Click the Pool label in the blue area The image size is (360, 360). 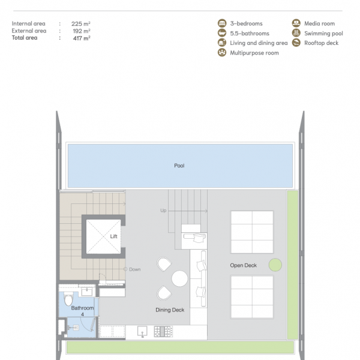click(179, 166)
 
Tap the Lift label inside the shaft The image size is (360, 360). click(113, 236)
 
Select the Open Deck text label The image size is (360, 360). click(244, 265)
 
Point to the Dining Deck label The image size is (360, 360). click(170, 310)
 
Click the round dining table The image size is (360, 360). click(179, 278)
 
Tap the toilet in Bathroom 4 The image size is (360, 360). click(68, 299)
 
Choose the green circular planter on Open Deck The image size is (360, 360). click(275, 265)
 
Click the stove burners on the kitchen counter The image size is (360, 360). click(163, 332)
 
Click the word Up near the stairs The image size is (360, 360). click(163, 211)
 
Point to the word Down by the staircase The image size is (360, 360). click(135, 269)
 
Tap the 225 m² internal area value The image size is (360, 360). click(81, 23)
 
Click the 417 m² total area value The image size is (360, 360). click(82, 38)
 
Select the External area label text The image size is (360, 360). click(29, 31)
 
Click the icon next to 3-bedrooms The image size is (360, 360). click(222, 23)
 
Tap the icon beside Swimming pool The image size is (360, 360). click(296, 33)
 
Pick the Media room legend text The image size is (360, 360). click(320, 23)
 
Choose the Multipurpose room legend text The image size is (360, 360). click(254, 53)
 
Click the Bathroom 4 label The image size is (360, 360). click(82, 311)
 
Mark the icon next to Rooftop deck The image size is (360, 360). click(296, 43)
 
